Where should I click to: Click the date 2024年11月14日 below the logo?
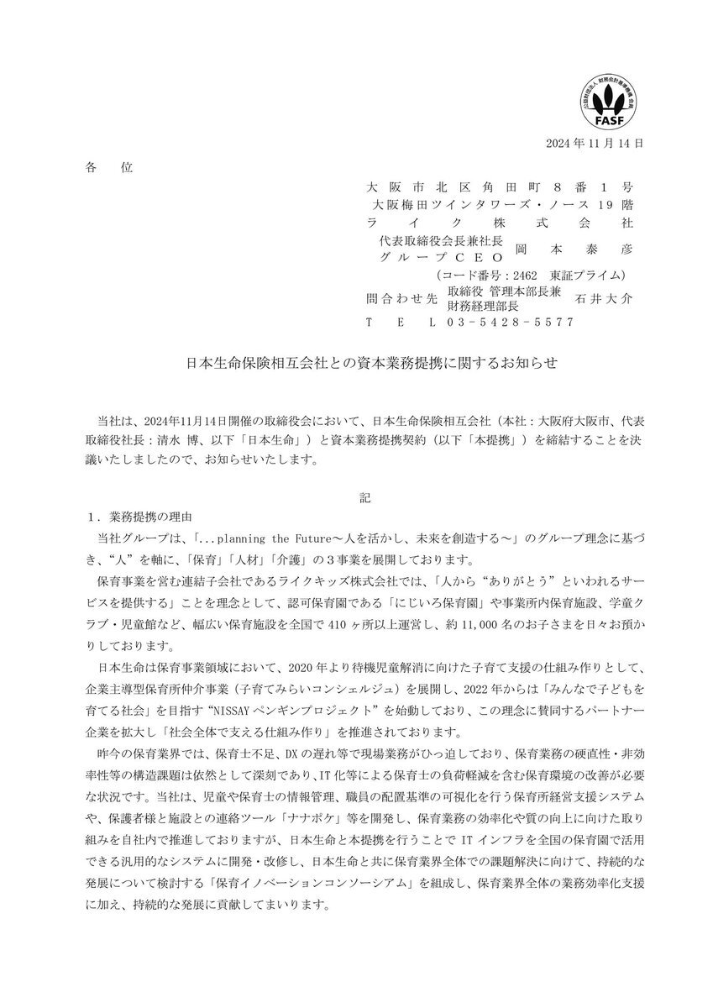point(595,144)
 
